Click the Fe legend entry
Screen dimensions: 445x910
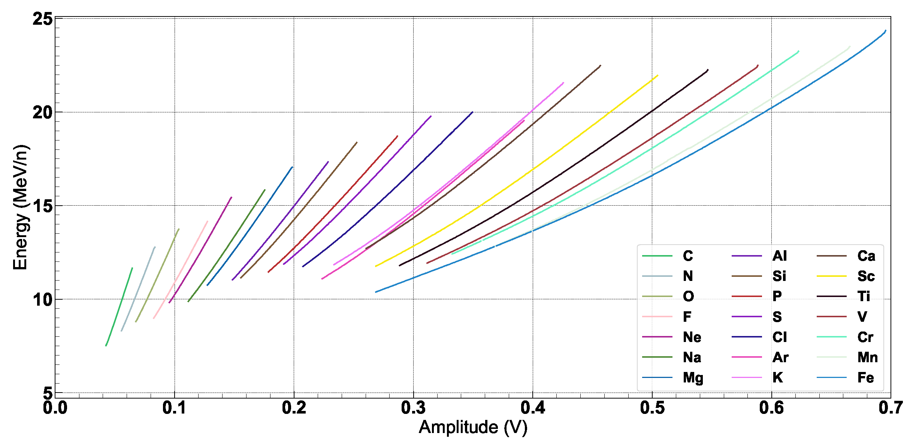865,378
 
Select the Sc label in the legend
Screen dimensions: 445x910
866,276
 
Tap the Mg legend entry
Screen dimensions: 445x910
693,378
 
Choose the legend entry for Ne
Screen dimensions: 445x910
692,337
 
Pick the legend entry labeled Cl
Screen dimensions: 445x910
779,337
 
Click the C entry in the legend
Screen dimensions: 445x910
688,256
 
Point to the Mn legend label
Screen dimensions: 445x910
867,357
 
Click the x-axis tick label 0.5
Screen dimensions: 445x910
652,408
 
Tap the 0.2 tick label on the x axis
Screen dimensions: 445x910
294,408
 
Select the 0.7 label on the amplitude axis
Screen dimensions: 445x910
891,408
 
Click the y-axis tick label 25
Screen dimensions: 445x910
42,19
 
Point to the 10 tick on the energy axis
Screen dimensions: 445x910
42,299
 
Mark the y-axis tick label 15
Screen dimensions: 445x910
42,206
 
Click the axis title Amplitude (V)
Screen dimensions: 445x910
473,427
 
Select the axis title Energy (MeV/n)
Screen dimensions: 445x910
20,207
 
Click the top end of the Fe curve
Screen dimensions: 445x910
886,31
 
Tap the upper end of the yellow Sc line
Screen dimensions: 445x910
657,76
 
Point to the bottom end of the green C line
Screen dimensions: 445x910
106,345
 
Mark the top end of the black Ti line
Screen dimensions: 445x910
708,70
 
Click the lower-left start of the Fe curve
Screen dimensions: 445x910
376,292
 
